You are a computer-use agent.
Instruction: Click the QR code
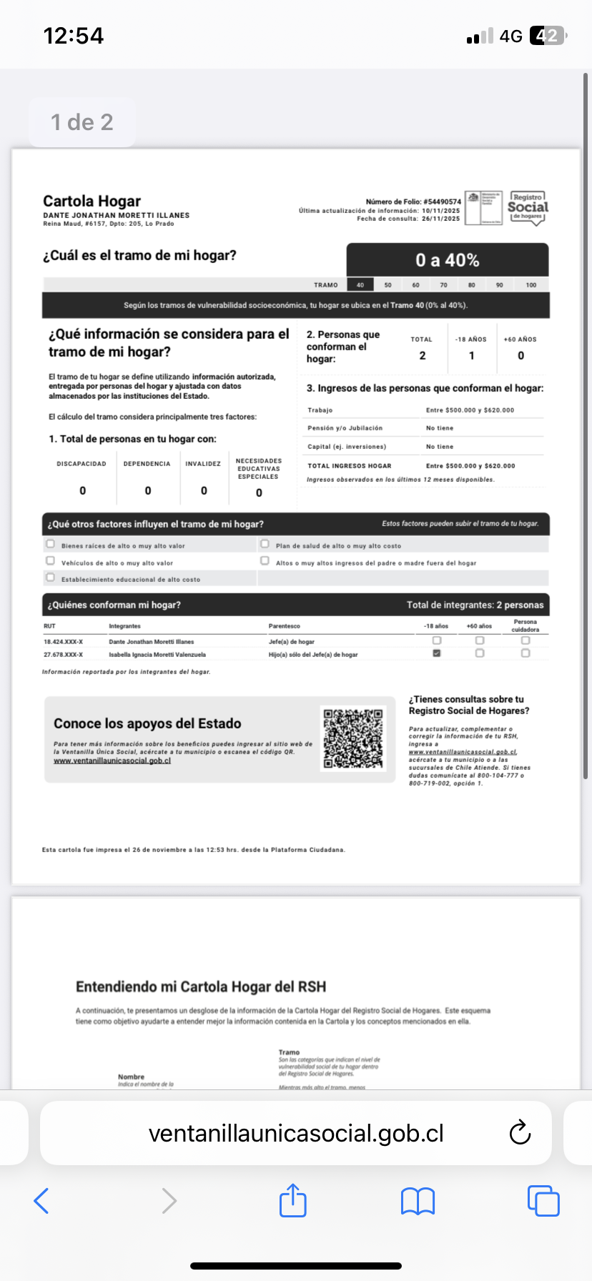point(353,738)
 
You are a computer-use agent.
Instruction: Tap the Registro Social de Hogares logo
point(528,208)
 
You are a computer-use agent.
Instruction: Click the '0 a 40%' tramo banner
point(448,260)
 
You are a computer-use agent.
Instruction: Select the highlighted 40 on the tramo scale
point(360,285)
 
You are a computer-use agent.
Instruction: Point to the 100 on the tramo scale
point(531,285)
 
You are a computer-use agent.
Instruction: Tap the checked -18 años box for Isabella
point(437,653)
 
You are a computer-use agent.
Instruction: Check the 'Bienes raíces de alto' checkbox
point(50,544)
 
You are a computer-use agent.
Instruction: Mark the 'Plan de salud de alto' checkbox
point(265,544)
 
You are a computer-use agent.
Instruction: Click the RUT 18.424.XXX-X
point(63,642)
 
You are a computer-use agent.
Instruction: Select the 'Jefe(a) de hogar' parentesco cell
point(292,642)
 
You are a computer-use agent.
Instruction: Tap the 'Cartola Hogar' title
point(92,201)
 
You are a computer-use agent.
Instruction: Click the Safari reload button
point(520,1133)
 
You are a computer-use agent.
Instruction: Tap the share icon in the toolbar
point(292,1200)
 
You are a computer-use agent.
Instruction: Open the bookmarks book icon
point(418,1201)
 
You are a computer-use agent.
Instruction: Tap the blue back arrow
point(41,1201)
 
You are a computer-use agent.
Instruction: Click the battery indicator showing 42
point(547,36)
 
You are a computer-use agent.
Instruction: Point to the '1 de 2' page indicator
point(82,122)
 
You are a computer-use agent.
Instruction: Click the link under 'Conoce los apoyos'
point(112,761)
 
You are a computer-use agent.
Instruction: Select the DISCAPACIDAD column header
point(82,464)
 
